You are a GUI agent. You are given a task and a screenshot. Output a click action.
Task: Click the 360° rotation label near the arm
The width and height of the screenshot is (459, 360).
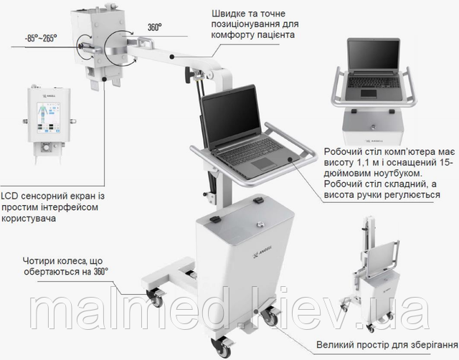pyautogui.click(x=155, y=27)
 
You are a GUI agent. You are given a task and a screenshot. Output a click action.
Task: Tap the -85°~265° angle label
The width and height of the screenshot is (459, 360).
pyautogui.click(x=41, y=38)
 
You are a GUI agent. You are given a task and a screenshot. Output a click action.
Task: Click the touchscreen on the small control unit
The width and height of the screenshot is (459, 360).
pyautogui.click(x=49, y=118)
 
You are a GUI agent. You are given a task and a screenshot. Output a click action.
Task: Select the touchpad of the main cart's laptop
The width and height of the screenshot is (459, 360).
pyautogui.click(x=264, y=164)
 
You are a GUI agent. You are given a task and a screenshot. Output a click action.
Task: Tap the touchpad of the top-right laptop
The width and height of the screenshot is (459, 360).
pyautogui.click(x=369, y=93)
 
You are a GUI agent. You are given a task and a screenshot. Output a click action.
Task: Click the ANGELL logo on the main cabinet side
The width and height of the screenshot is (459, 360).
pyautogui.click(x=262, y=252)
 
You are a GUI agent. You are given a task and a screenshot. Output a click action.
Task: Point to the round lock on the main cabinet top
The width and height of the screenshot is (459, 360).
pyautogui.click(x=260, y=224)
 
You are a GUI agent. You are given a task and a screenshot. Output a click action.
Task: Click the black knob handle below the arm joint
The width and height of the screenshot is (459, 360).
pyautogui.click(x=188, y=75)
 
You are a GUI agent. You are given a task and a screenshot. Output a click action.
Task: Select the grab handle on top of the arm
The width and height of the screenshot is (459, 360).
pyautogui.click(x=146, y=42)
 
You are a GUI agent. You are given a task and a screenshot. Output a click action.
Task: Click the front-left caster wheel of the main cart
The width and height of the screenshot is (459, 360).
pyautogui.click(x=155, y=298)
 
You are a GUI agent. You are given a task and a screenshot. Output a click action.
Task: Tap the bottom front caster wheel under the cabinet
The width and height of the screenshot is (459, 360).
pyautogui.click(x=222, y=347)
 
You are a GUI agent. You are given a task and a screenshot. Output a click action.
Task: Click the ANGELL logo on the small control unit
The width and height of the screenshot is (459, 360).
pyautogui.click(x=49, y=95)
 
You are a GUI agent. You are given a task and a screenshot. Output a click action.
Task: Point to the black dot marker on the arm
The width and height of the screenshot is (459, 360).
pyautogui.click(x=172, y=57)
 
